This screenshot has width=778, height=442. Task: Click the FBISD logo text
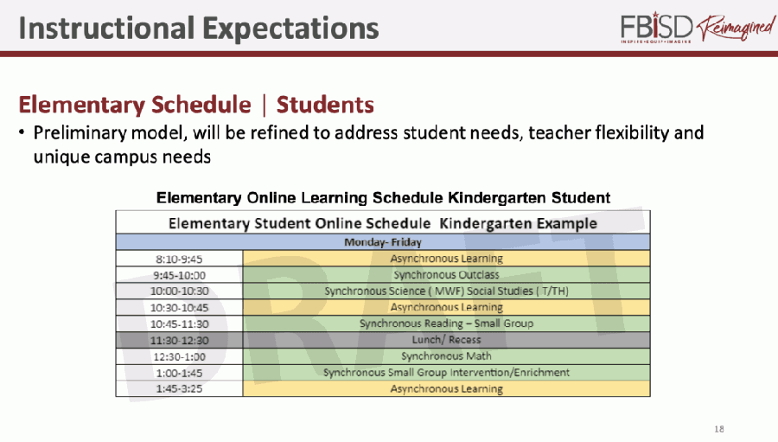[x=656, y=28]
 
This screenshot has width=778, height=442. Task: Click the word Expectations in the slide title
[x=290, y=29]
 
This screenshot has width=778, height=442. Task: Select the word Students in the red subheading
[x=325, y=105]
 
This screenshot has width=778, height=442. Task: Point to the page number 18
[x=719, y=428]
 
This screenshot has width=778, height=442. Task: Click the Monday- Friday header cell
[x=383, y=242]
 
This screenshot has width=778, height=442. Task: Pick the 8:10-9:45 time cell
[x=179, y=259]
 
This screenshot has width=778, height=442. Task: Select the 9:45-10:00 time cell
[x=179, y=275]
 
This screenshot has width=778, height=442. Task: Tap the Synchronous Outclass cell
[x=446, y=275]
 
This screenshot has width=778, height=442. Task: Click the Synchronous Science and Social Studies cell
[x=446, y=291]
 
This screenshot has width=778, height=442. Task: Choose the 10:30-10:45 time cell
[x=179, y=307]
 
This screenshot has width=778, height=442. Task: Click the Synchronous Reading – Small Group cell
[x=446, y=323]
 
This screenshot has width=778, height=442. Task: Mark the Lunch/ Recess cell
[x=446, y=340]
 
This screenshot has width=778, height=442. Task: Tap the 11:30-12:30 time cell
[x=179, y=340]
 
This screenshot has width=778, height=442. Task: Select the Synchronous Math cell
[x=446, y=356]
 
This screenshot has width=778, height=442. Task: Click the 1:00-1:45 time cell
[x=179, y=373]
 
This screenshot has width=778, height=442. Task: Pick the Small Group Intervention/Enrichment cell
[x=446, y=373]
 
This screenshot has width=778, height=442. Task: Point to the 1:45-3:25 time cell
[x=179, y=389]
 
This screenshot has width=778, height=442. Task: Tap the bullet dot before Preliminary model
[x=22, y=133]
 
